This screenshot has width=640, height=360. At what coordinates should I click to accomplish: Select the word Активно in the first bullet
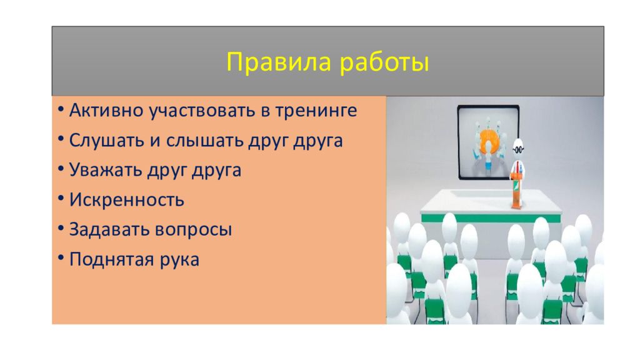point(106,110)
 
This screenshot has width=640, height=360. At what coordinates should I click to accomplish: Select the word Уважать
point(105,170)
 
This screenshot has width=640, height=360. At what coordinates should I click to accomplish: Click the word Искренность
point(126,200)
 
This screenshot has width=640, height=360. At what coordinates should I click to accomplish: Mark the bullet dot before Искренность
point(61,198)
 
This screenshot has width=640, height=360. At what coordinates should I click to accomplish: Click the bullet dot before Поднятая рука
point(61,258)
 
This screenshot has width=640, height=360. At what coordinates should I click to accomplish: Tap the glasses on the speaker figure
point(518,149)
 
